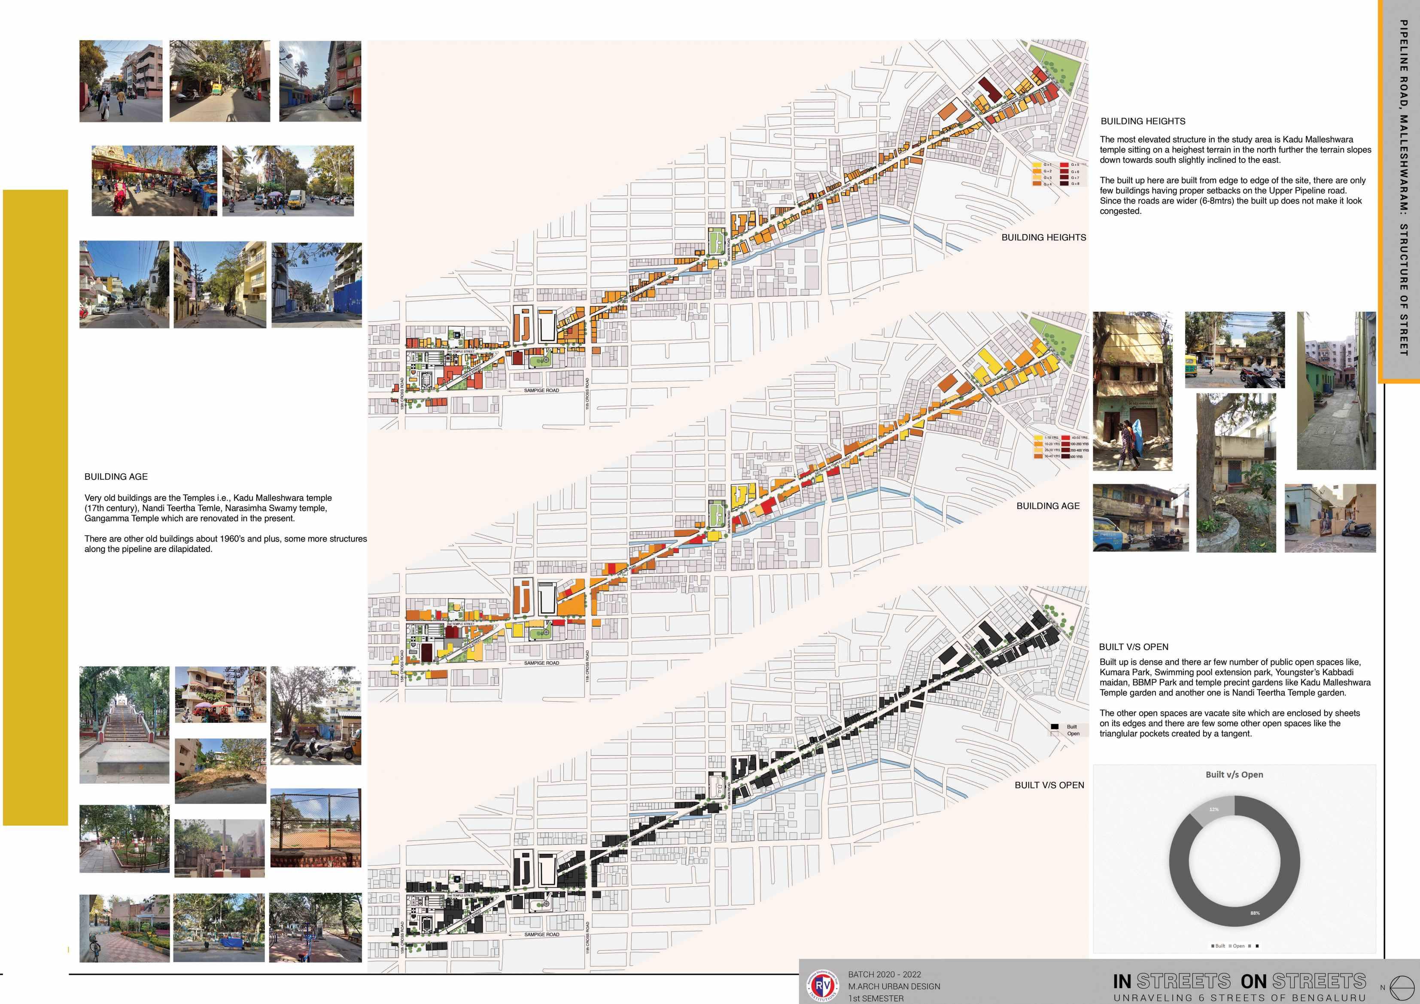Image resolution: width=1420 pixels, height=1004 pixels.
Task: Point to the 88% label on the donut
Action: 1255,913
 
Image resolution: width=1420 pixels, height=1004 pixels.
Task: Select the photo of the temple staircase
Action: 125,724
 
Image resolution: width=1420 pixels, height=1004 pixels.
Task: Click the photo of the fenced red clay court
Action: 316,828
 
